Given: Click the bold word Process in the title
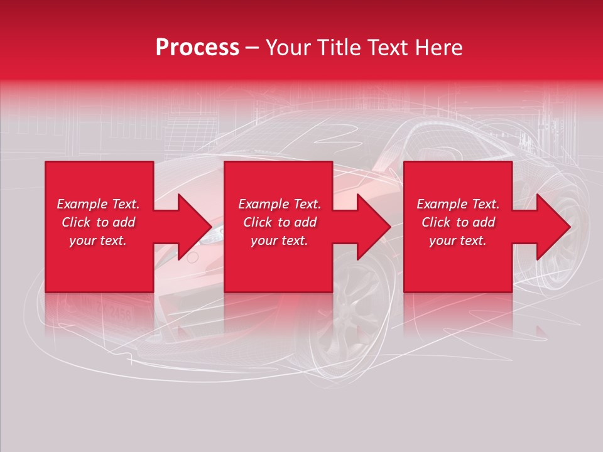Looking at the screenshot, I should click(x=197, y=48).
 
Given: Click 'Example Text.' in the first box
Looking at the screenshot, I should click(x=98, y=204).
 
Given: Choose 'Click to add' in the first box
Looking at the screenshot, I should click(x=98, y=222).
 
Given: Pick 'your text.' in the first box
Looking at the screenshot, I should click(x=98, y=240).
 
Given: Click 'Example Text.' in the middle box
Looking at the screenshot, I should click(x=280, y=204).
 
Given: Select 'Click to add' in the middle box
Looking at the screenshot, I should click(x=280, y=222).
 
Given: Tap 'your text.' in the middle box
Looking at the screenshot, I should click(x=280, y=240).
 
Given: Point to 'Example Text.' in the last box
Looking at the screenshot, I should click(x=458, y=204).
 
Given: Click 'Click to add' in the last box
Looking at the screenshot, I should click(x=458, y=222).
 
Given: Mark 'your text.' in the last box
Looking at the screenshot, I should click(x=458, y=240).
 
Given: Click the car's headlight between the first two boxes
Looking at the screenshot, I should click(x=215, y=234).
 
